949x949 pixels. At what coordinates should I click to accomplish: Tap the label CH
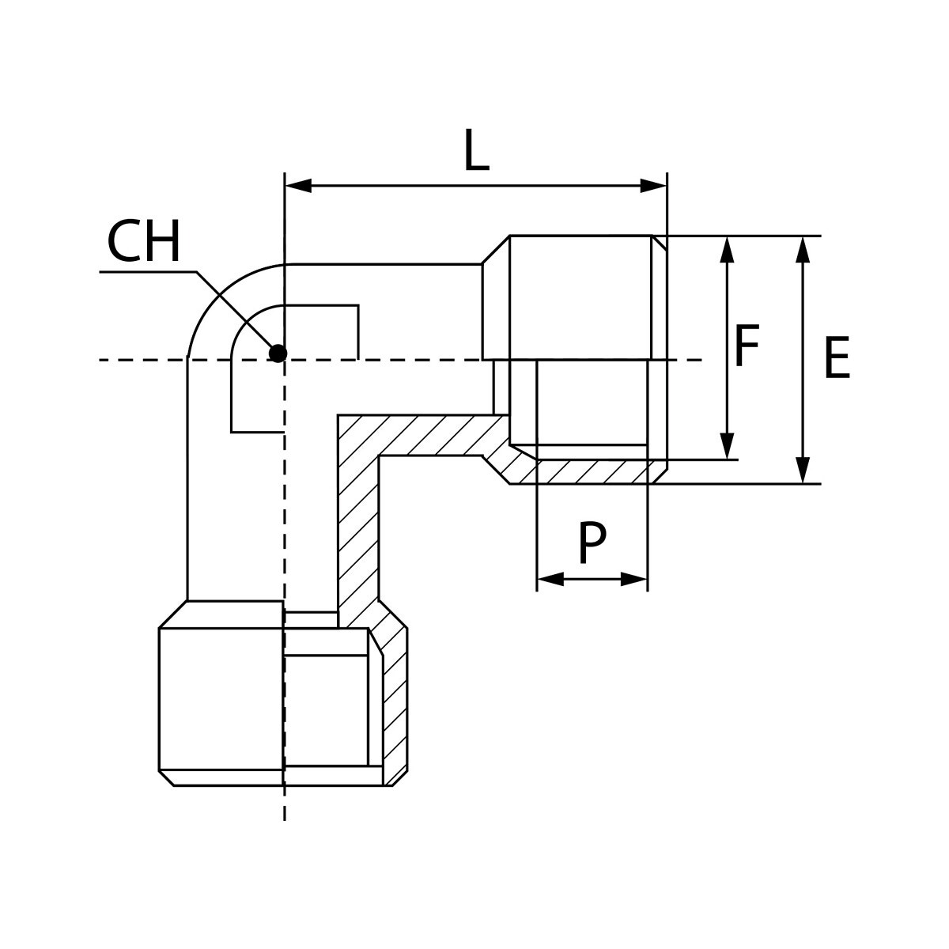(144, 243)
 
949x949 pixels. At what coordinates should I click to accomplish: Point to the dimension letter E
(836, 358)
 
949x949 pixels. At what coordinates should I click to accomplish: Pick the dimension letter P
(592, 543)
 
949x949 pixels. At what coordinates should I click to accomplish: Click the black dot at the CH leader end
(277, 353)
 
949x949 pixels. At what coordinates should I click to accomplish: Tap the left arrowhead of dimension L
(297, 187)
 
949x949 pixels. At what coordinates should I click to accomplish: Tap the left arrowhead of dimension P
(550, 579)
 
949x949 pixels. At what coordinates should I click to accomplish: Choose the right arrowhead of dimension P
(634, 579)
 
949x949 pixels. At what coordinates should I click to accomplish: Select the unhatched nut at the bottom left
(221, 696)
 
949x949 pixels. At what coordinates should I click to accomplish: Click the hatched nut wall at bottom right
(395, 704)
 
